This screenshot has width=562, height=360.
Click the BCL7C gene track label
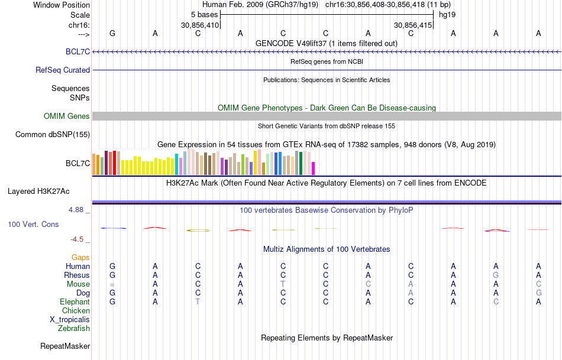tap(79, 52)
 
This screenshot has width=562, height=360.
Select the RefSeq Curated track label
tap(63, 70)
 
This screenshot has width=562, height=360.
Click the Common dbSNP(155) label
tap(52, 135)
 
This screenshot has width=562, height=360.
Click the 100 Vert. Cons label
tap(33, 225)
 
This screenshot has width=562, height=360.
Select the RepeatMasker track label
tap(65, 346)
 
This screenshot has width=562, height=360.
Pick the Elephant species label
tap(75, 302)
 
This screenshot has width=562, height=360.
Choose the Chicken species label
tap(76, 311)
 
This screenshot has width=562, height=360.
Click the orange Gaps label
tap(80, 258)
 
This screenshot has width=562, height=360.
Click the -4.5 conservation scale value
tap(78, 239)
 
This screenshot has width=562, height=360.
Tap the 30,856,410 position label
tap(200, 25)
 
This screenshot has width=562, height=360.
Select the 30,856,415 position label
tap(413, 25)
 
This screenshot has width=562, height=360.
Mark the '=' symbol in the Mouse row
tap(112, 284)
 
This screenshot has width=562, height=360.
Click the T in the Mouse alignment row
tap(283, 284)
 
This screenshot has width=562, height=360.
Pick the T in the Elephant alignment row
tap(198, 302)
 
